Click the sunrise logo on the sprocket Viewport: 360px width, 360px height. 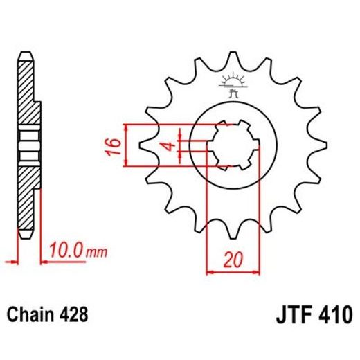point(231,82)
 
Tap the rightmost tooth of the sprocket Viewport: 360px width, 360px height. point(318,146)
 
